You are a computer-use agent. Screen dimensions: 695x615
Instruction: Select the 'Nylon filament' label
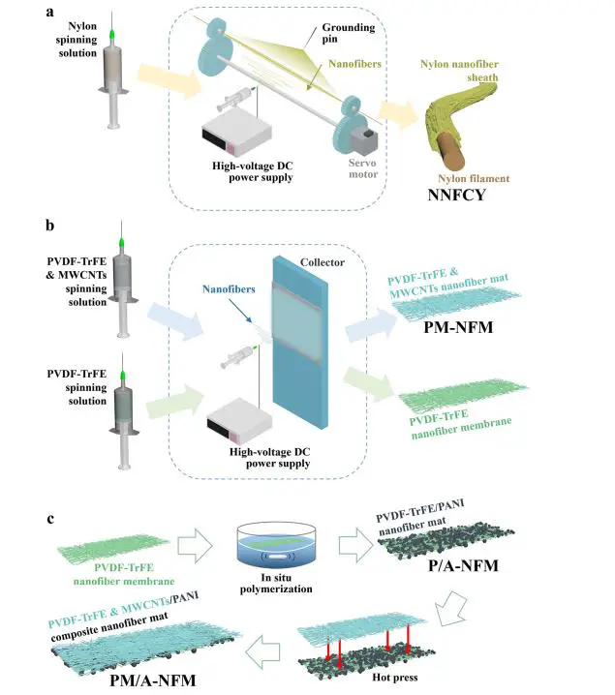tap(473, 178)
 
